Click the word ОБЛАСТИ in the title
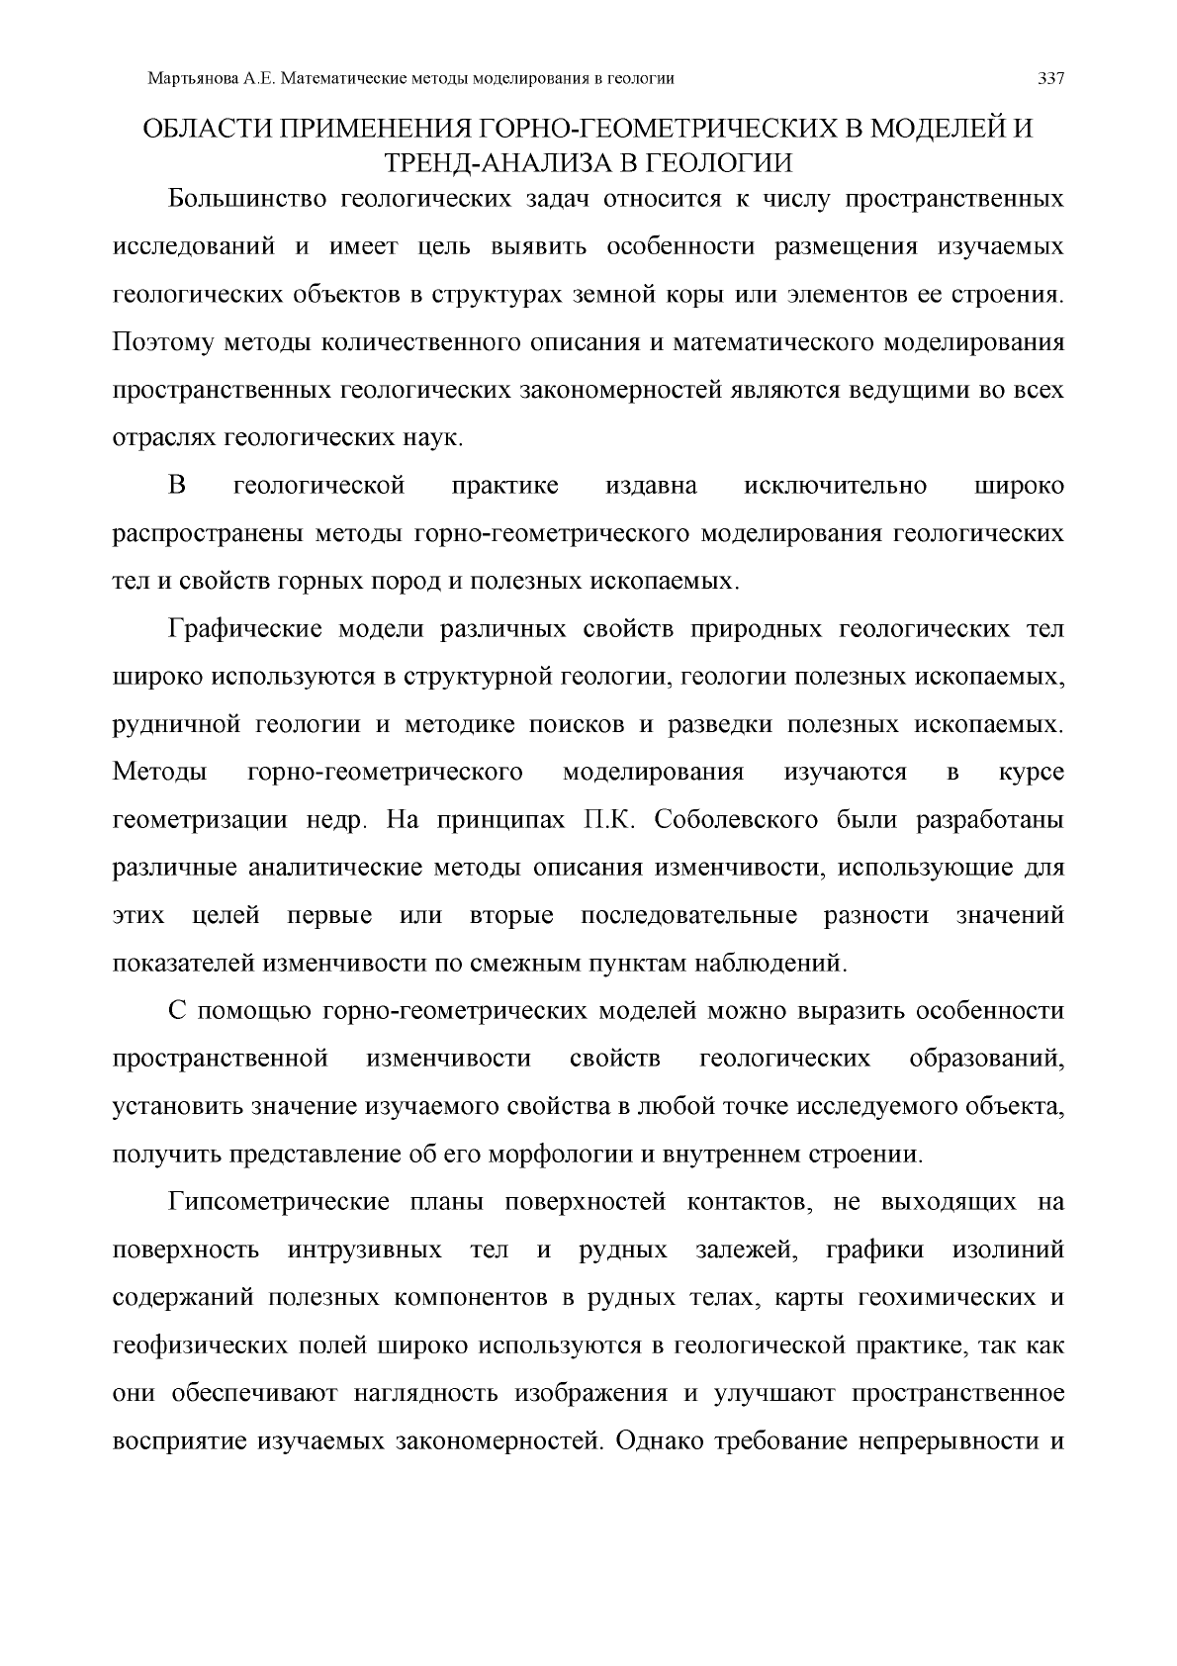point(203,130)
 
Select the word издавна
point(651,486)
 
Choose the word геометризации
point(201,820)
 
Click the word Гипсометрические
point(277,1202)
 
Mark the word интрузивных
point(365,1249)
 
